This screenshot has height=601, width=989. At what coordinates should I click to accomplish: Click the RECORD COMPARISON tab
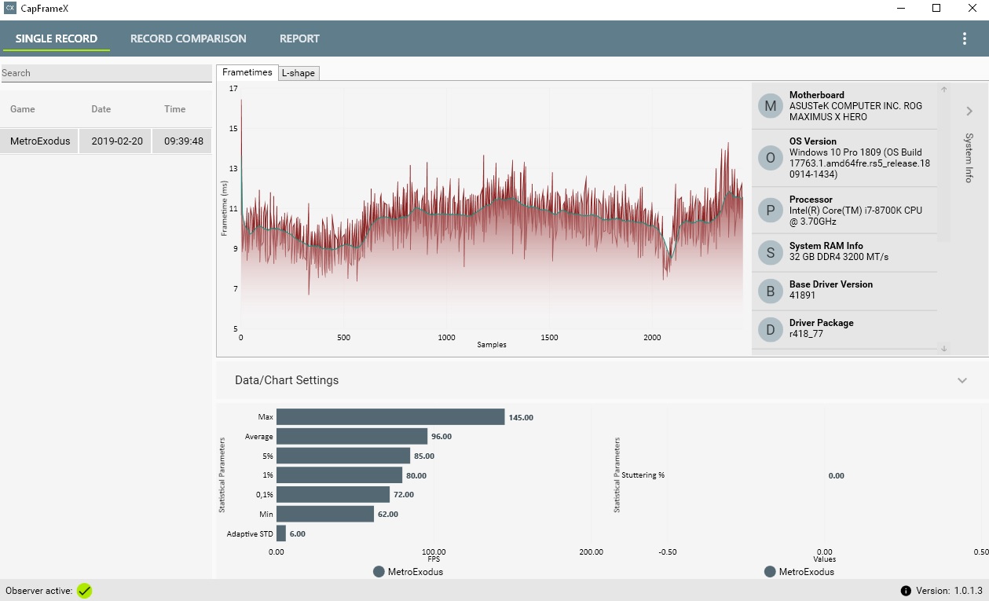click(188, 38)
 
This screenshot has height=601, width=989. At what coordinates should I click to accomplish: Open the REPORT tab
click(299, 38)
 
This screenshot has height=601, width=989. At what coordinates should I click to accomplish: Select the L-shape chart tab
click(299, 73)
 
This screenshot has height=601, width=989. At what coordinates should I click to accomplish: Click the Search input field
click(106, 73)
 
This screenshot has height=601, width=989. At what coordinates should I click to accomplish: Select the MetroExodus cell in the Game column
click(40, 141)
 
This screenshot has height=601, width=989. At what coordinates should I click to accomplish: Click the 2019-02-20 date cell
click(117, 141)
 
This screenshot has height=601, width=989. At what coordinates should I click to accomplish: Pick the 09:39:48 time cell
click(184, 141)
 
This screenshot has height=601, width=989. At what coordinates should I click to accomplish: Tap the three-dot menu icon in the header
click(965, 38)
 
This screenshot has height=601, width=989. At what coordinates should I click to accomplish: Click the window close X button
click(971, 8)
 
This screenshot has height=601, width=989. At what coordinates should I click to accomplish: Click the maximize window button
click(936, 8)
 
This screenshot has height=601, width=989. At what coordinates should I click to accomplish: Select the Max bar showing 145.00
click(390, 417)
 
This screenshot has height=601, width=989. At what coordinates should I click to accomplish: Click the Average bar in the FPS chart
click(351, 436)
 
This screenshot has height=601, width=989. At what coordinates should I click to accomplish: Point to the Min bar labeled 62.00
click(324, 514)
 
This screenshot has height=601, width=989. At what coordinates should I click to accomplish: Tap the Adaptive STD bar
click(281, 533)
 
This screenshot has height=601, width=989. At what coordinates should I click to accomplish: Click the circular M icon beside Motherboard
click(771, 106)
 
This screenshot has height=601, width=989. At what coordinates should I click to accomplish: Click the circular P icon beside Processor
click(771, 211)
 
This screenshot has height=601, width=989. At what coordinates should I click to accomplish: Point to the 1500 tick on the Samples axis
click(549, 338)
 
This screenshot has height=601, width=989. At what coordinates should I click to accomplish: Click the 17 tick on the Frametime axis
click(233, 89)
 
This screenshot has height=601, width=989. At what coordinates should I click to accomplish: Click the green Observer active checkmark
click(84, 591)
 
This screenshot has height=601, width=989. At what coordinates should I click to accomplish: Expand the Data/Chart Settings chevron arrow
click(962, 380)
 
